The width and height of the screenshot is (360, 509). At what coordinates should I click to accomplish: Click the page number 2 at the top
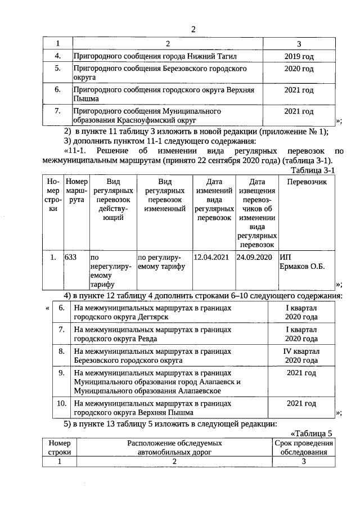(x=192, y=30)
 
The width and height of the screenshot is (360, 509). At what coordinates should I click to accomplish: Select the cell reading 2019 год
(x=299, y=57)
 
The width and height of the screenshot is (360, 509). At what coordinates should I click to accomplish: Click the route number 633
(x=71, y=258)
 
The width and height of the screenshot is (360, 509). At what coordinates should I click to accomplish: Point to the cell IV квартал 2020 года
(x=301, y=355)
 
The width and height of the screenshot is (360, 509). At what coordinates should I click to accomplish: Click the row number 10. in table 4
(x=61, y=403)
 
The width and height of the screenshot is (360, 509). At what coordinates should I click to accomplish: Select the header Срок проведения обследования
(x=304, y=448)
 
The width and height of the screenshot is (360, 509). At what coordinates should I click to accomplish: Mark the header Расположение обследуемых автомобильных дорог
(x=174, y=448)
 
